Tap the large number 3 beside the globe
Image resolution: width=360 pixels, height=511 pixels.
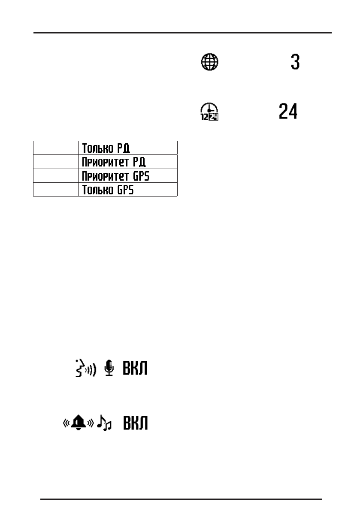pos(295,63)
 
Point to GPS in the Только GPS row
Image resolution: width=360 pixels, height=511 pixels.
pos(125,190)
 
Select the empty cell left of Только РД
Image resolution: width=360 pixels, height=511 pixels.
pos(56,147)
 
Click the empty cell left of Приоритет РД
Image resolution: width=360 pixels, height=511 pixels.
pos(56,162)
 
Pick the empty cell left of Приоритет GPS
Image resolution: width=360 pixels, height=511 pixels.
pos(56,176)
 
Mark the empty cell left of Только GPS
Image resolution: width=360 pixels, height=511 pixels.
pos(56,190)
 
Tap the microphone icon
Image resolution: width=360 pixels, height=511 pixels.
pos(110,368)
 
